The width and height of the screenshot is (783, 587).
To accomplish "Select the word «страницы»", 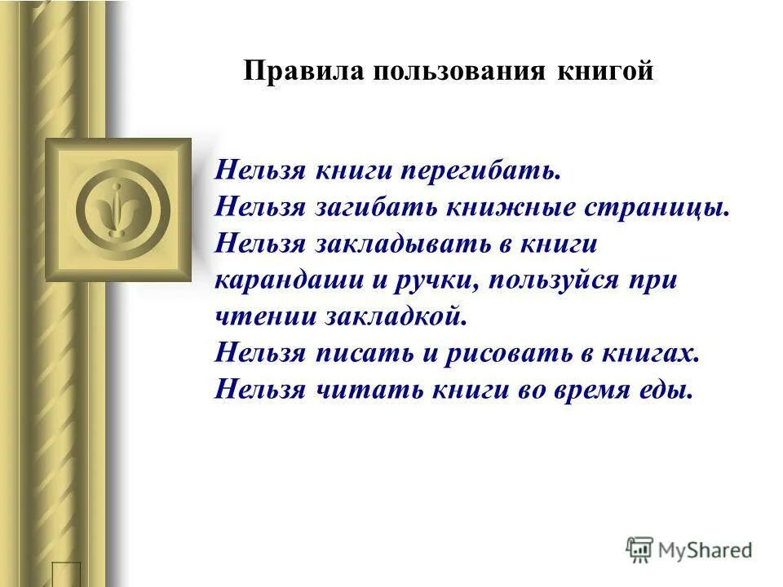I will pos(656,208).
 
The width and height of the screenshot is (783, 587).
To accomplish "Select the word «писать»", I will pos(351,353).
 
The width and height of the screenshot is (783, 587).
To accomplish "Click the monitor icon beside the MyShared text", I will pos(639,549).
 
